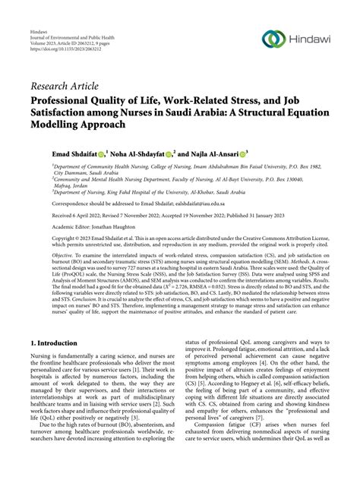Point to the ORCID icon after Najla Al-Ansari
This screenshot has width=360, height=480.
click(267, 153)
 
